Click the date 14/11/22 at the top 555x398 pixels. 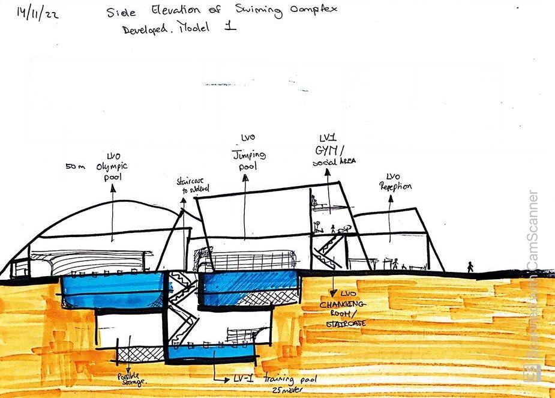coord(37,13)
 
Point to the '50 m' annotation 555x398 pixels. coord(76,166)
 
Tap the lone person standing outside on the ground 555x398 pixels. coord(470,267)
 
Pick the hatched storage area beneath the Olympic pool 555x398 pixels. coord(133,354)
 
